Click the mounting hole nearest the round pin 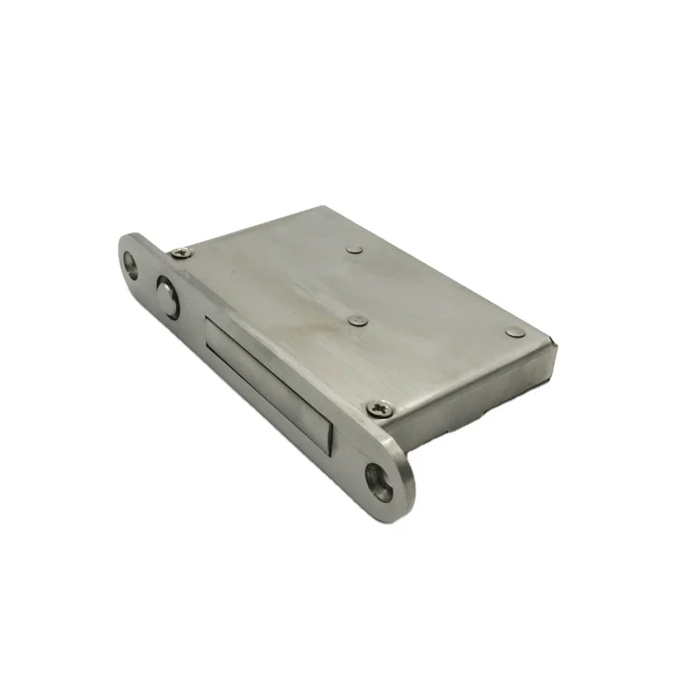point(133,264)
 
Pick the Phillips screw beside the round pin point(181,253)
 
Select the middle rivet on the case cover point(359,319)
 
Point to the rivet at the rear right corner point(515,332)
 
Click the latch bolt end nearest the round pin point(210,326)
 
